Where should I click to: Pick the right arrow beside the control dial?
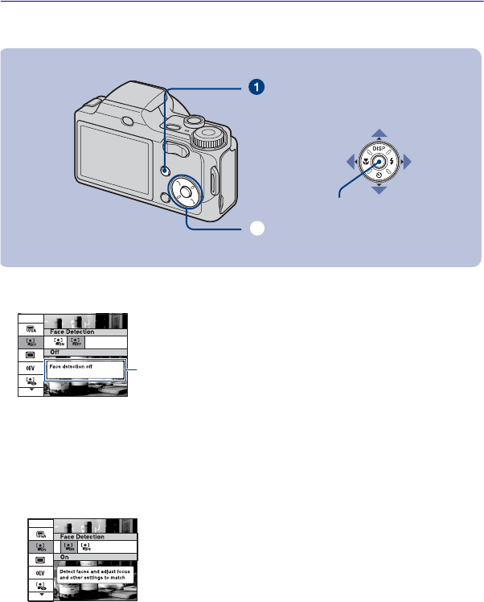(x=408, y=163)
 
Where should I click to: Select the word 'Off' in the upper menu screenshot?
(x=55, y=352)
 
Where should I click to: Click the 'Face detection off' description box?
(x=85, y=369)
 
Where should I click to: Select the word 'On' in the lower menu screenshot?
(x=65, y=557)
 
